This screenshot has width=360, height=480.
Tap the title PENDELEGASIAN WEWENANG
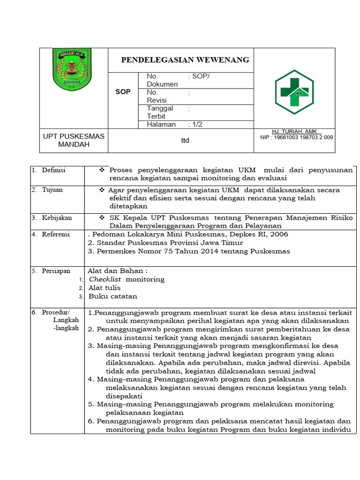point(185,60)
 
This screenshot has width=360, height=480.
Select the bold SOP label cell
point(123,92)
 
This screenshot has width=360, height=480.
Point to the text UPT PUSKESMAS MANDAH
point(74,140)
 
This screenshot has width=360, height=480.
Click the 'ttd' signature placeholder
point(185,140)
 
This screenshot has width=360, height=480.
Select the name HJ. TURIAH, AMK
point(294,131)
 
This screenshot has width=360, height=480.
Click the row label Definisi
point(53,170)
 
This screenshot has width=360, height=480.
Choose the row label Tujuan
point(52,190)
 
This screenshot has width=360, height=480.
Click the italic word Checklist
point(105,279)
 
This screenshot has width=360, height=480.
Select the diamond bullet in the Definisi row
point(101,170)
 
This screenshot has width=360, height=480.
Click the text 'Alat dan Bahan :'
point(118,270)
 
